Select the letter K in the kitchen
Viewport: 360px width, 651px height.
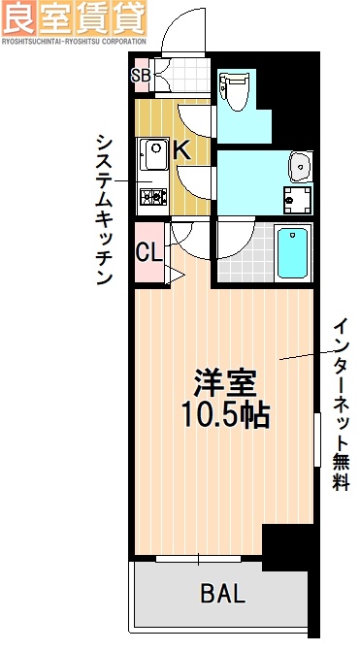[181, 149]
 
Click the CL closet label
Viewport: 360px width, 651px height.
[148, 254]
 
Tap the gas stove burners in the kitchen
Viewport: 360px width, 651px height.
[152, 199]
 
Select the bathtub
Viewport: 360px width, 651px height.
[292, 253]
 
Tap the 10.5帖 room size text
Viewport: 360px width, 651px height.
[224, 415]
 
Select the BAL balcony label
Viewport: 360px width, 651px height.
[223, 592]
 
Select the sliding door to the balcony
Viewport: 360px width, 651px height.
[199, 558]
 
